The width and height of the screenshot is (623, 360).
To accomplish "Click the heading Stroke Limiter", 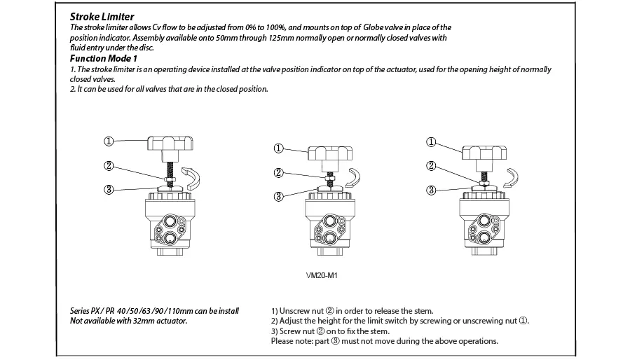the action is pyautogui.click(x=102, y=17).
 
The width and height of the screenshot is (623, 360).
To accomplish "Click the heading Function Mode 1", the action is pyautogui.click(x=104, y=58).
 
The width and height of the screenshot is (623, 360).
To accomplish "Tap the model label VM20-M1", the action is pyautogui.click(x=322, y=275).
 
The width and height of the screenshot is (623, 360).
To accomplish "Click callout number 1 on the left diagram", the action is pyautogui.click(x=109, y=141).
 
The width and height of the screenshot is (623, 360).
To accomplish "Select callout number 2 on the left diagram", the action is pyautogui.click(x=109, y=165).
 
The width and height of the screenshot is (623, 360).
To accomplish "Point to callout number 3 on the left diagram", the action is pyautogui.click(x=109, y=190).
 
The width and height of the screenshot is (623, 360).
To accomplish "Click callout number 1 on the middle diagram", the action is pyautogui.click(x=278, y=148).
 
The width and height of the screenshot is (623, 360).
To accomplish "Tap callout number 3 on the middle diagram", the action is pyautogui.click(x=278, y=197).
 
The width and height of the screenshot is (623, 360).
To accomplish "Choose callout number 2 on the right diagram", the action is pyautogui.click(x=431, y=165).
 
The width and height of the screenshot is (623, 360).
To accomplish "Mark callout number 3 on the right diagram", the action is pyautogui.click(x=431, y=191).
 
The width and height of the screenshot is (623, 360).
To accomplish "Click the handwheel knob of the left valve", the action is pyautogui.click(x=170, y=148).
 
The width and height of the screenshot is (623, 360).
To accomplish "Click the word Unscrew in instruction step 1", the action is pyautogui.click(x=293, y=311).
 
